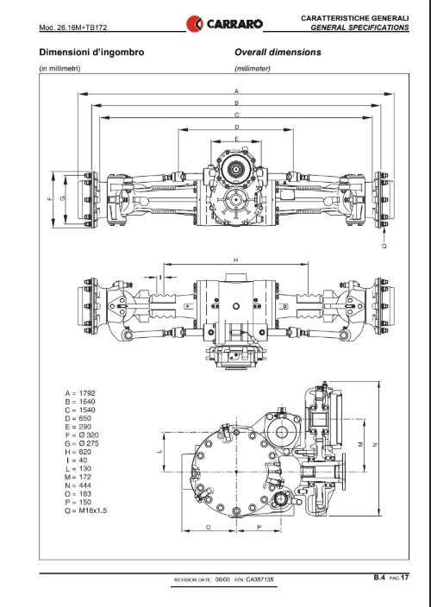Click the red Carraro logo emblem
(194, 23)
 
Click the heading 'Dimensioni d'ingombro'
(91, 53)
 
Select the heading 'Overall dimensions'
(278, 53)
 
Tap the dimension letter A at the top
(236, 91)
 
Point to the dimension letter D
(237, 127)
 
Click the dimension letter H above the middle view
(235, 260)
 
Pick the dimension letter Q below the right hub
(384, 247)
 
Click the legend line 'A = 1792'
(80, 393)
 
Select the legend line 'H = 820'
(78, 452)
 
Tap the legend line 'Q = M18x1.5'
(86, 510)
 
